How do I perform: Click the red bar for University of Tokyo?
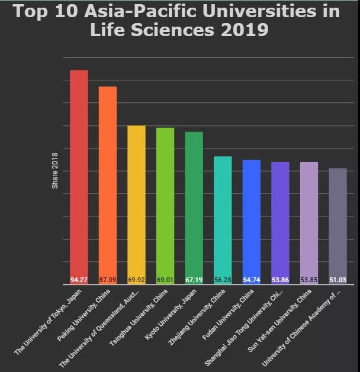[x=79, y=172]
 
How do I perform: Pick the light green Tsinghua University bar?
[x=165, y=201]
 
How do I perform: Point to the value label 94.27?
[x=79, y=280]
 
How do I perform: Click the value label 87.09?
[x=108, y=280]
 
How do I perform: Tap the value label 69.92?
[x=136, y=280]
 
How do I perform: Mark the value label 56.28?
[x=223, y=280]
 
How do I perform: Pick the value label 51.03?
[x=337, y=280]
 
